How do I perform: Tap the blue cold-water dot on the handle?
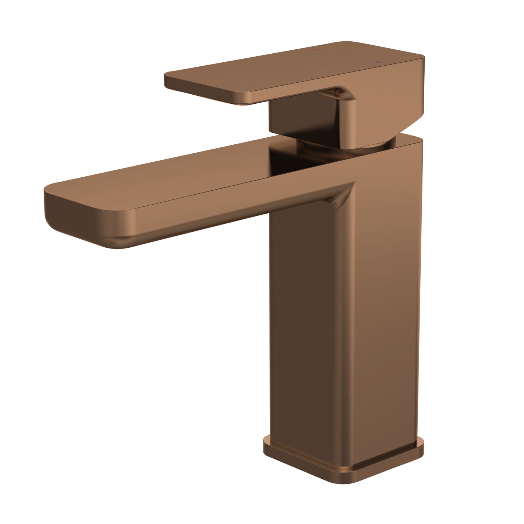(x=379, y=62)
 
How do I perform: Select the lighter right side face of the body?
(x=384, y=308)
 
